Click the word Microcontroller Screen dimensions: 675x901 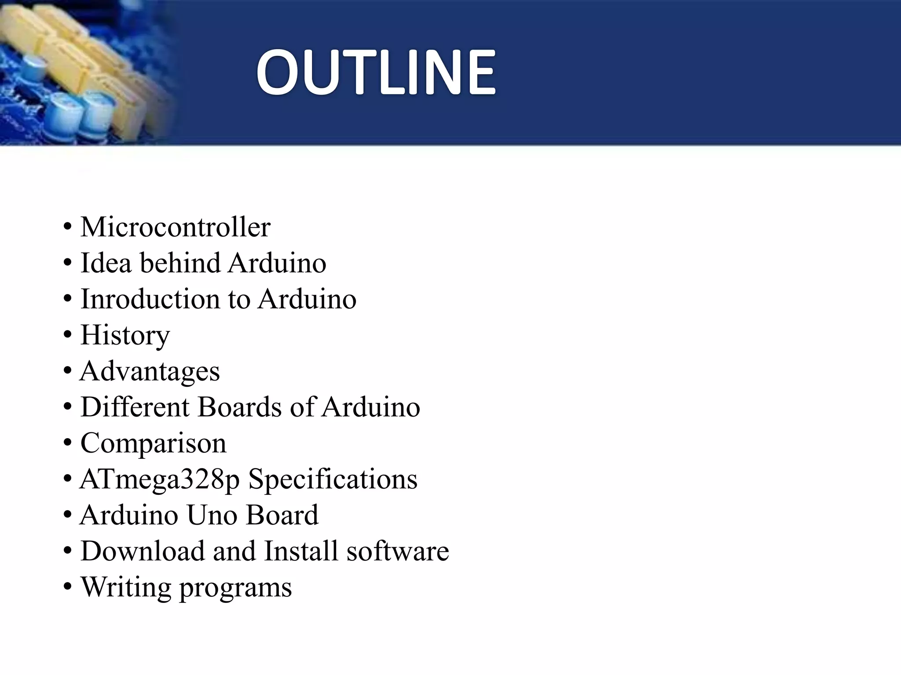click(175, 227)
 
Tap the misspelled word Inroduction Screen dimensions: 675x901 click(150, 299)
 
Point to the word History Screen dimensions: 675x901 click(125, 335)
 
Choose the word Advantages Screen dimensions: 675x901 click(150, 371)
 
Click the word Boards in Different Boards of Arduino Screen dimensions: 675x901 click(239, 407)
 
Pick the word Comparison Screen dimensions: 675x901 click(153, 443)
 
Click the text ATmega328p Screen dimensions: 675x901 click(160, 479)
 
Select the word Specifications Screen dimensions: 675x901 click(333, 479)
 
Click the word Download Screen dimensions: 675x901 click(143, 551)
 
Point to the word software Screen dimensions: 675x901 click(398, 551)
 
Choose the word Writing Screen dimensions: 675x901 click(126, 587)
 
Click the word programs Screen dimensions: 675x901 click(235, 588)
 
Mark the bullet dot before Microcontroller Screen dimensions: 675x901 click(67, 228)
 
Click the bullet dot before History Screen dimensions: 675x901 click(67, 336)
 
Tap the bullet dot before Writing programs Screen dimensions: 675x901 click(67, 588)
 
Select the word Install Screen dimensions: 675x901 click(301, 551)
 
